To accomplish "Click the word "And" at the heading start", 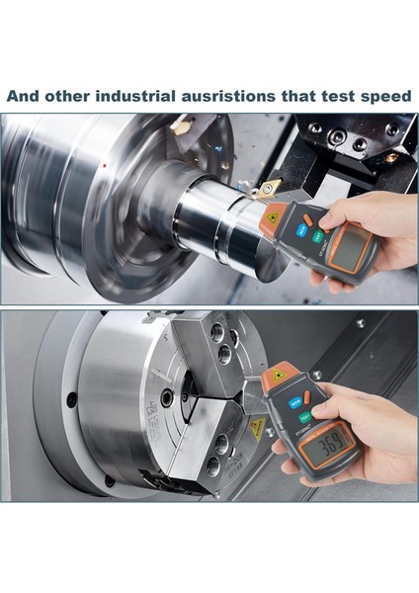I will click(x=23, y=97).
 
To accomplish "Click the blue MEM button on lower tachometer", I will click(x=296, y=403).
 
